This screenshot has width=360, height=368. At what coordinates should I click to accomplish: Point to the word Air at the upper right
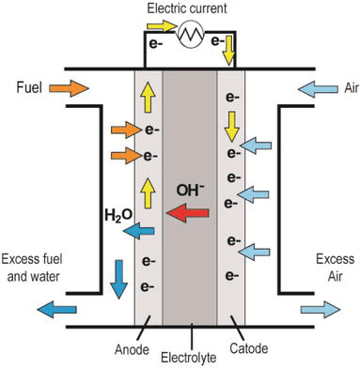pyautogui.click(x=331, y=90)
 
